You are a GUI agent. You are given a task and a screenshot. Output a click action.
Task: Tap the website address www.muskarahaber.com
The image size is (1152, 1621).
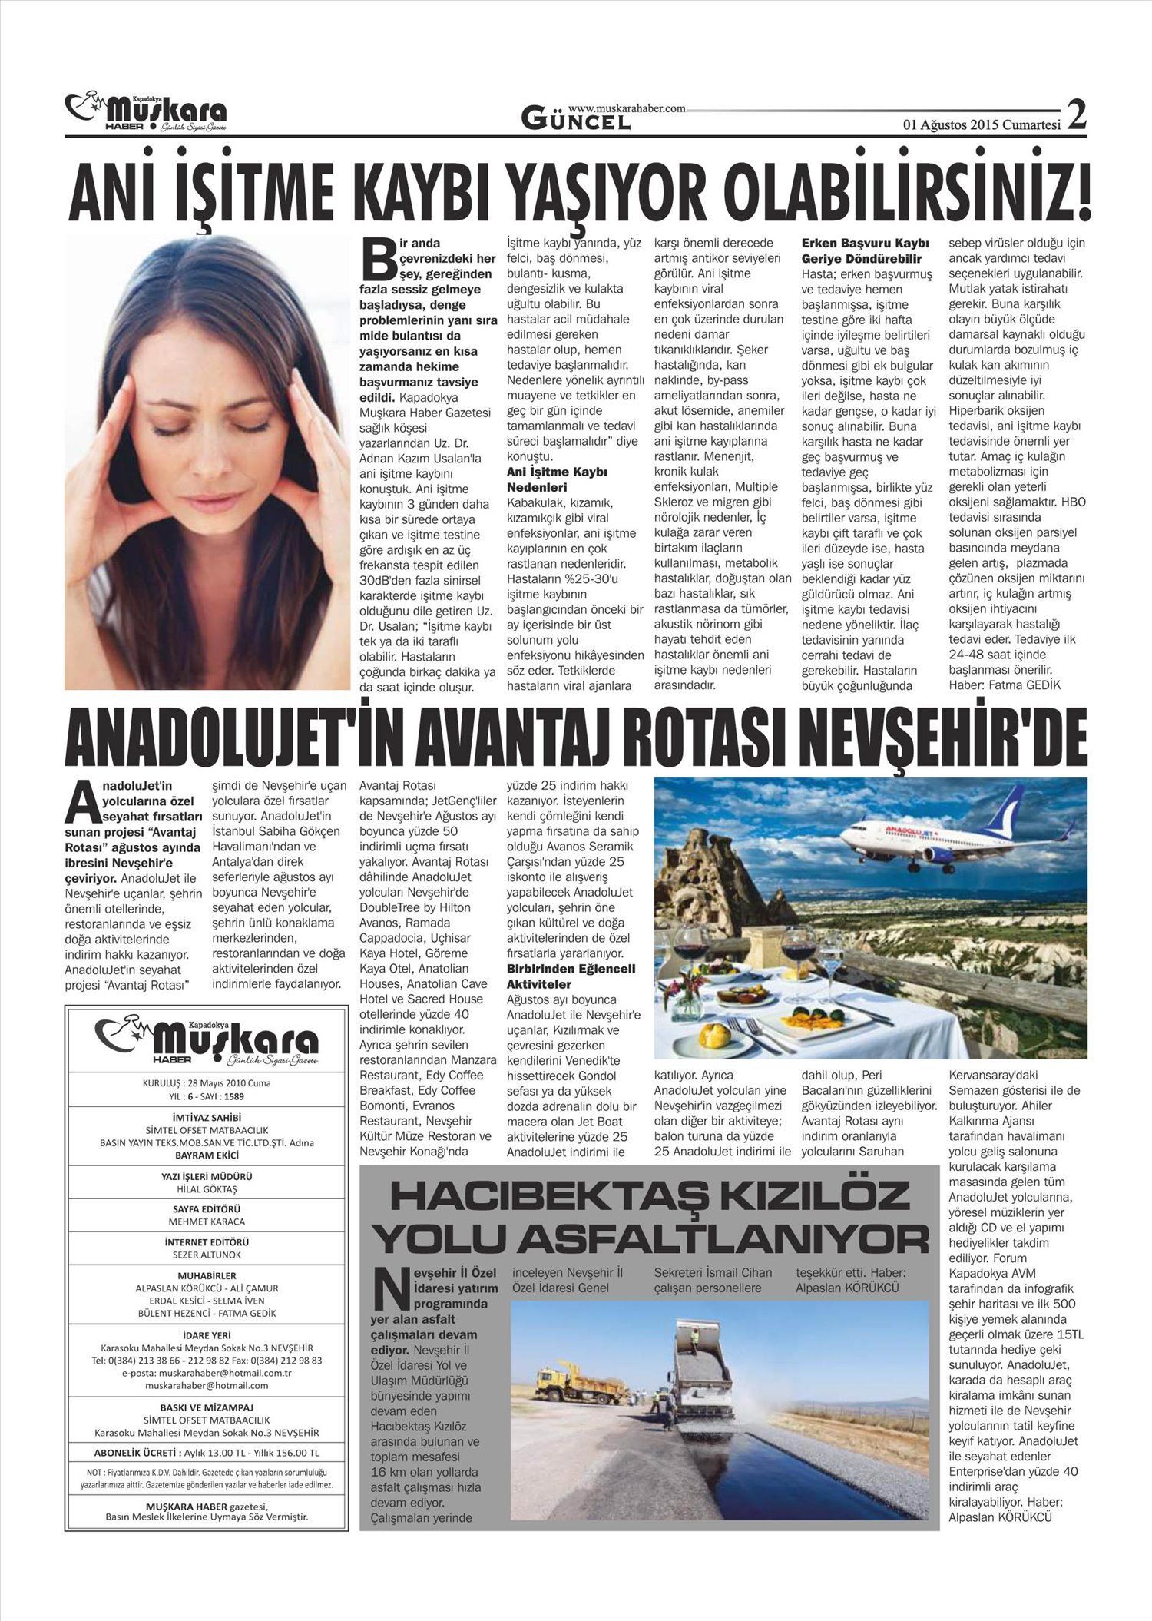click(x=627, y=109)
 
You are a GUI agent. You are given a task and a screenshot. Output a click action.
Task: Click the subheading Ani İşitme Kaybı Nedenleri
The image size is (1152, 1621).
click(x=557, y=479)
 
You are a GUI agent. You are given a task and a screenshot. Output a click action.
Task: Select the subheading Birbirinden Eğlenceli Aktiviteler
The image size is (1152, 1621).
click(x=571, y=976)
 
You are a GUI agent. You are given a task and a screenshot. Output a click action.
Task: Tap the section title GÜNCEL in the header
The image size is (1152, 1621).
click(x=576, y=120)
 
